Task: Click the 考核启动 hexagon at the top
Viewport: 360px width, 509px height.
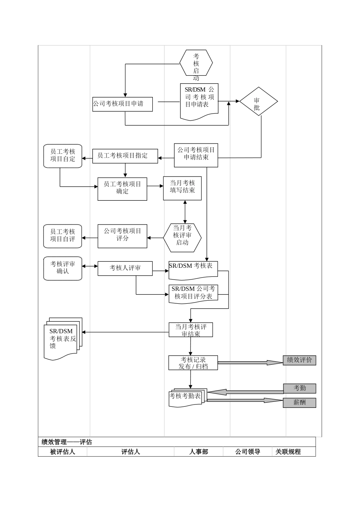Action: [x=196, y=63]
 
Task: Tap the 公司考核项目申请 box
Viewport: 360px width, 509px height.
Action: [x=122, y=104]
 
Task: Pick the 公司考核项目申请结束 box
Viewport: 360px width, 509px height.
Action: [x=196, y=155]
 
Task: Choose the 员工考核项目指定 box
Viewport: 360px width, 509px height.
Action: [x=125, y=156]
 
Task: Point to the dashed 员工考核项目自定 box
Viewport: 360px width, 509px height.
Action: [x=63, y=156]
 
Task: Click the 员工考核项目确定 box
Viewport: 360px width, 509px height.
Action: [x=122, y=189]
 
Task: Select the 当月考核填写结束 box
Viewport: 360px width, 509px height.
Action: [x=182, y=188]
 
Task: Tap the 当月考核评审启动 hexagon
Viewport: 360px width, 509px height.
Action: [x=182, y=237]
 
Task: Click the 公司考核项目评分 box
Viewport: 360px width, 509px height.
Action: [x=122, y=236]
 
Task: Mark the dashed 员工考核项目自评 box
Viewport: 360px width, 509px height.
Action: [x=63, y=236]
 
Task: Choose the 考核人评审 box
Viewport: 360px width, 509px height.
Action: [x=125, y=268]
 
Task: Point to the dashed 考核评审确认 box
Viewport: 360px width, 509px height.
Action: [x=63, y=269]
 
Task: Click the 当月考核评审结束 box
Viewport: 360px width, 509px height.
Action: [x=191, y=329]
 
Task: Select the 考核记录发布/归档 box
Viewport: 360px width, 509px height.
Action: [x=193, y=362]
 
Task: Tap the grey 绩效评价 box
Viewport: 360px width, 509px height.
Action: [x=299, y=360]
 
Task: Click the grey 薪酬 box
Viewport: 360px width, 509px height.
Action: [x=299, y=403]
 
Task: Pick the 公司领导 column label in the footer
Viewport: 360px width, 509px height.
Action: [x=247, y=452]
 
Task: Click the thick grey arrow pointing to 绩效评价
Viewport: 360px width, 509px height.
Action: [x=250, y=362]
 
